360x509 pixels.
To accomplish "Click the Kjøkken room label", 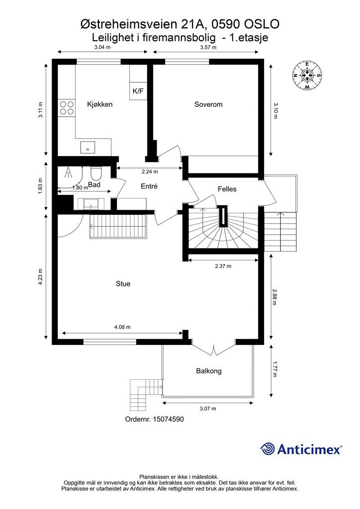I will click(99, 104).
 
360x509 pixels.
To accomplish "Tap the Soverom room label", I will click(208, 104).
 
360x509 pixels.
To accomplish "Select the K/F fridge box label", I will click(137, 91).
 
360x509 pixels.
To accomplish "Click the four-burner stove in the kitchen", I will click(67, 108).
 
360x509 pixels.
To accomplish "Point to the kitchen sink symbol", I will click(88, 148).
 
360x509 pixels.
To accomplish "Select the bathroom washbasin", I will click(90, 204).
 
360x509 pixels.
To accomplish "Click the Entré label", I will click(149, 186).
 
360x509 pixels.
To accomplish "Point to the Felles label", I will click(227, 189).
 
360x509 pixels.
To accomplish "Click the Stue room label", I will click(123, 284).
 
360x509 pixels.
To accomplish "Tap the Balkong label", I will click(208, 371).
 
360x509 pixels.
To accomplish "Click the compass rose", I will click(307, 76).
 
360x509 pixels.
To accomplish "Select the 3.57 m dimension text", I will click(208, 48).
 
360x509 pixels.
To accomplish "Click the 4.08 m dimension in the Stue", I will click(122, 327).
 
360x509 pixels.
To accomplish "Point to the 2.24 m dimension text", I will click(149, 171).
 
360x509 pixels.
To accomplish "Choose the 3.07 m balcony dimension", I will click(207, 409).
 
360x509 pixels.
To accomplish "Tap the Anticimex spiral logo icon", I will click(268, 449).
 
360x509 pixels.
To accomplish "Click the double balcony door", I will click(214, 348).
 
